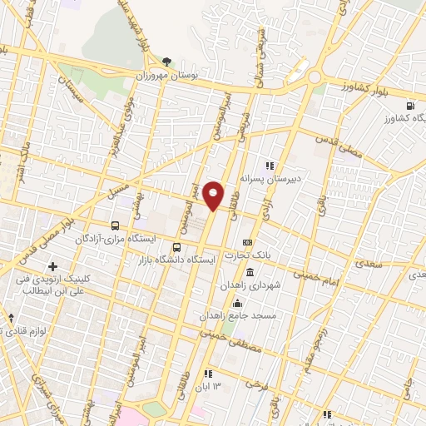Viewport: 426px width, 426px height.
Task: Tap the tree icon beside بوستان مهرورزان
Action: point(166,62)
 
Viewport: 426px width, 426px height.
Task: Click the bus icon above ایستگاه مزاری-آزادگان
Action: point(114,225)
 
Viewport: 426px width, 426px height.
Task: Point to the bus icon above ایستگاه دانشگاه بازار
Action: point(176,247)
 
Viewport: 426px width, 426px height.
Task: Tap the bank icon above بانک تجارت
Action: point(246,241)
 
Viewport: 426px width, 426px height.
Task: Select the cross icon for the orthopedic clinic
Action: point(53,267)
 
